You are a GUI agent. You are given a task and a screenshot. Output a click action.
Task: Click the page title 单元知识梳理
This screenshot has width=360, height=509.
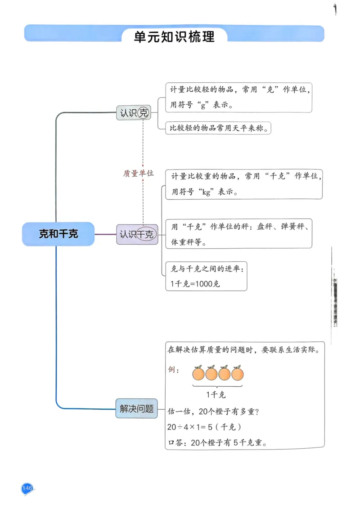[x=174, y=36]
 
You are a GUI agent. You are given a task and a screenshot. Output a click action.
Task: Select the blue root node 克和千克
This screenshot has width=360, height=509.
[x=58, y=234]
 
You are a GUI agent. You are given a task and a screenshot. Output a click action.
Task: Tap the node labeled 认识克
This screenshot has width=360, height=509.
[x=134, y=112]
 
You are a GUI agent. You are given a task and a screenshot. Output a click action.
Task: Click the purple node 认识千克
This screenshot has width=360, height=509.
[x=137, y=234]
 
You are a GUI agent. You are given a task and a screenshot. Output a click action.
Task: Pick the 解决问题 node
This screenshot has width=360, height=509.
[x=136, y=408]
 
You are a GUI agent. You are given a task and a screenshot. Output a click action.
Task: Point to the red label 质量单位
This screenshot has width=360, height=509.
[x=139, y=173]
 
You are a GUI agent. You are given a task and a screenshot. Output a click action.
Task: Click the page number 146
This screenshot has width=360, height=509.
[x=27, y=488]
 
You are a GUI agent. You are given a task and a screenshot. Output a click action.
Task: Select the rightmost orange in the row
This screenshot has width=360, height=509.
[x=237, y=373]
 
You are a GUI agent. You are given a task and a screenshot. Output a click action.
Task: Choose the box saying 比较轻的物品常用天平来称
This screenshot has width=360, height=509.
[x=219, y=128]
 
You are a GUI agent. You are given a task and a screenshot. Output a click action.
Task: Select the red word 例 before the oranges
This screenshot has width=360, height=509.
[x=171, y=370]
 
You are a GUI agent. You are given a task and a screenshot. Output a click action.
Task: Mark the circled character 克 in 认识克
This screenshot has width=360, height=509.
[x=143, y=112]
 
